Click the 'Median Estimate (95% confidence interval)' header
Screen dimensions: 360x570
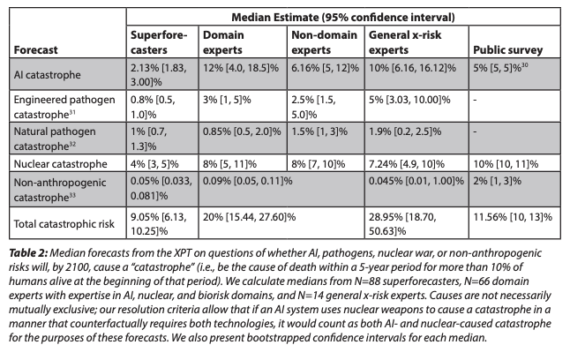click(339, 15)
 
